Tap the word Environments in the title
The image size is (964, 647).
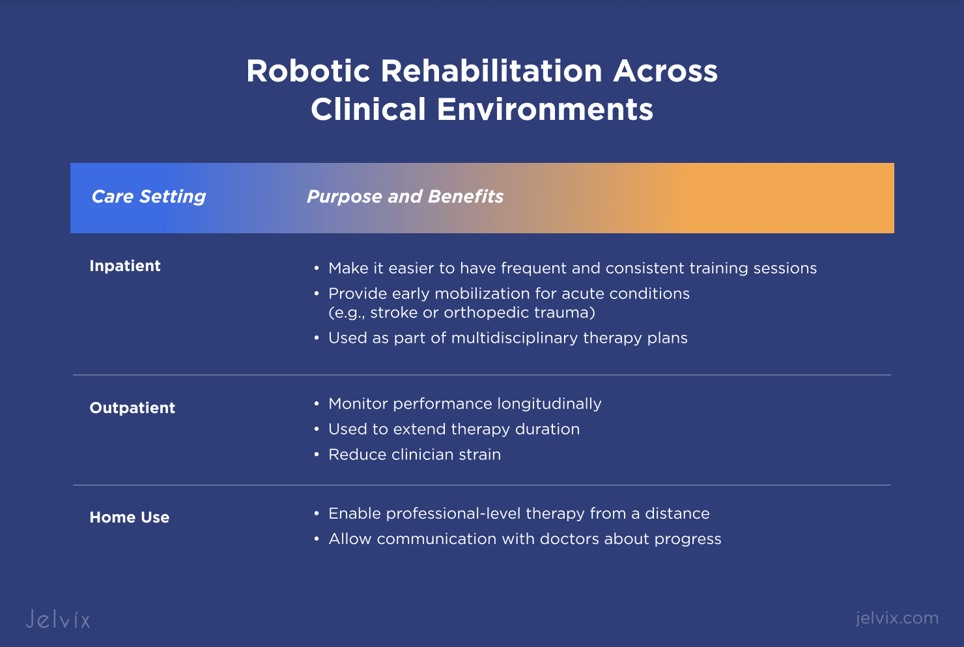[x=545, y=109]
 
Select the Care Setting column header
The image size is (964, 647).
[x=149, y=197]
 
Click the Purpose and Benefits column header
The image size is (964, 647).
[x=405, y=197]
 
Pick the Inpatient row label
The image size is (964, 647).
[x=125, y=266]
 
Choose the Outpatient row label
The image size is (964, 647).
[x=132, y=408]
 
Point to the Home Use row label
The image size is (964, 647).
[x=130, y=517]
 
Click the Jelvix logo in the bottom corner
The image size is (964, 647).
[x=58, y=619]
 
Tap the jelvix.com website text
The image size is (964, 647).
[x=897, y=618]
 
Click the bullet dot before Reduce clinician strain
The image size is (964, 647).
[x=317, y=455]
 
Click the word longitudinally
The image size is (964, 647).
[x=549, y=404]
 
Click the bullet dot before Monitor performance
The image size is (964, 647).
[x=317, y=404]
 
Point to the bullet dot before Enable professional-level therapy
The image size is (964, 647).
[x=317, y=513]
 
